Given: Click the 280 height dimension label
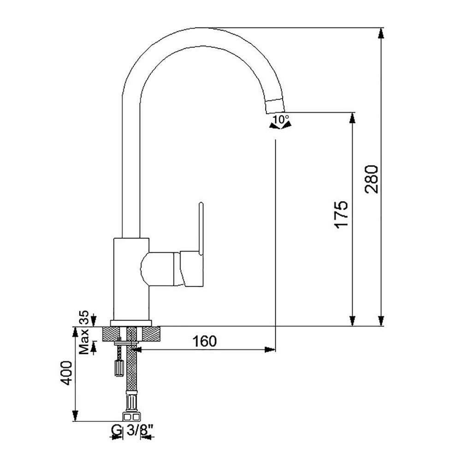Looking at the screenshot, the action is coord(371,179).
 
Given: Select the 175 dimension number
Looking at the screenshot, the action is coord(341,215).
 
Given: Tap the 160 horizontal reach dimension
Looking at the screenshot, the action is coord(204,341).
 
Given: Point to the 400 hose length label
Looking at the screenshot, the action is coord(65,373).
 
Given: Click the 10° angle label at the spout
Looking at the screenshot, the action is coord(281,119).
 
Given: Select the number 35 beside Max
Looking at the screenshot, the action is coord(84,317).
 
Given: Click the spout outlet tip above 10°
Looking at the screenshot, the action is coord(275,106).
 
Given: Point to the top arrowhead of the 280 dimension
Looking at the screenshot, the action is coord(381,33).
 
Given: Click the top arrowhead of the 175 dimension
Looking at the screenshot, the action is coord(352,118).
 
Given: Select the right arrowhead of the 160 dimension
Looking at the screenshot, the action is coord(270,349).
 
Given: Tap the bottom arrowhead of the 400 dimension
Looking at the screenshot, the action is coord(75,416).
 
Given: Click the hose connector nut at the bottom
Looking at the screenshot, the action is coord(131,417).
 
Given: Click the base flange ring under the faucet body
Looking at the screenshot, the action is coord(131,323).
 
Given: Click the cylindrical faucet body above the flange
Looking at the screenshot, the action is coord(131,279).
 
